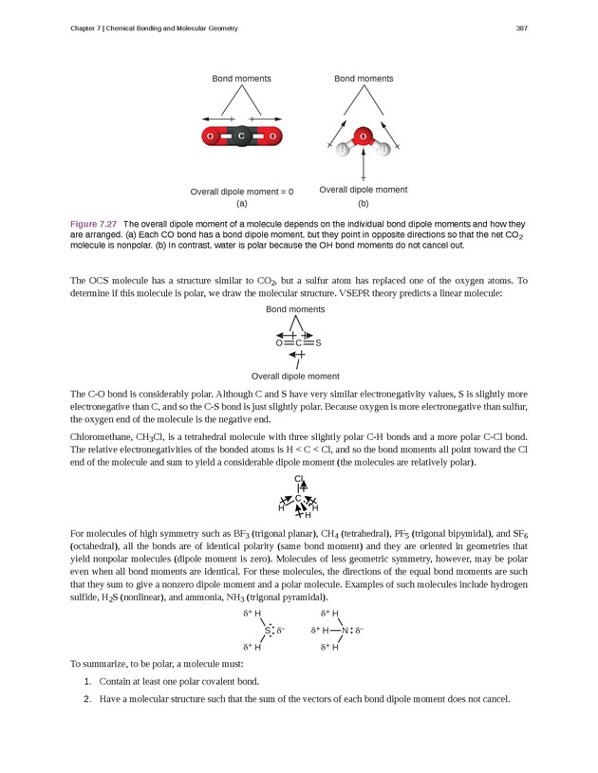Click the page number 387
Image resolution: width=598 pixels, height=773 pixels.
tap(521, 28)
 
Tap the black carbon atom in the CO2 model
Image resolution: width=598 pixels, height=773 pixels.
tap(241, 138)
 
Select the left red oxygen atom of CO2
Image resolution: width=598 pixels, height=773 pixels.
tap(210, 138)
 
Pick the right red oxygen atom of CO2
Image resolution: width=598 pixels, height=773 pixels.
tap(272, 138)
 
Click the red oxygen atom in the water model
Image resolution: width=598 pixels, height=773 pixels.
tap(364, 136)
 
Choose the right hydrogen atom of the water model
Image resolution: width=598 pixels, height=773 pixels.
tap(383, 150)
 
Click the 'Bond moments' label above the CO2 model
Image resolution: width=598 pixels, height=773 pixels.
tap(241, 79)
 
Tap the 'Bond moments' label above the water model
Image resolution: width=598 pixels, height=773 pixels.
tap(364, 79)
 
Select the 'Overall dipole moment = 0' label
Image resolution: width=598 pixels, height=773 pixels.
tap(242, 192)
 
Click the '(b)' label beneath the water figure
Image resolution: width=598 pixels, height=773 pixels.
tap(364, 203)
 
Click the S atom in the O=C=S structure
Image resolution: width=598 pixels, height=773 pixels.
tap(318, 342)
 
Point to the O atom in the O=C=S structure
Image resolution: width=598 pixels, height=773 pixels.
tap(278, 342)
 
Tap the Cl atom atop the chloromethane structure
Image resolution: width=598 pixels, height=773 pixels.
tap(299, 479)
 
